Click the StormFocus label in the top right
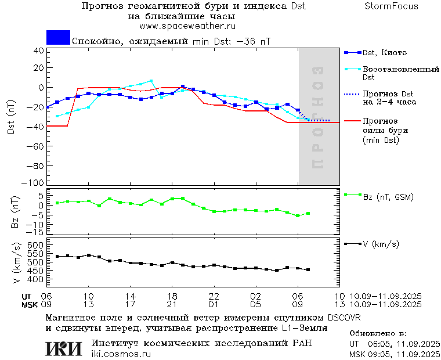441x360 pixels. click(392, 6)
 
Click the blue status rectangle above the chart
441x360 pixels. click(58, 37)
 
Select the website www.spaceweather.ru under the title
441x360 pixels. click(187, 26)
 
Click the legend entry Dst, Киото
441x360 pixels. click(384, 53)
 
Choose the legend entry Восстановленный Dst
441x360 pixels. click(400, 73)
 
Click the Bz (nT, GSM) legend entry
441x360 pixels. click(388, 197)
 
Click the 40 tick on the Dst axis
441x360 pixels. click(39, 51)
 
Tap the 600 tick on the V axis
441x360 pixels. click(37, 246)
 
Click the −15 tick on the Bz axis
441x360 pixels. click(36, 232)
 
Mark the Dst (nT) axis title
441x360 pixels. click(11, 117)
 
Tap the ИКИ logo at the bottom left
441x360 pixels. click(63, 348)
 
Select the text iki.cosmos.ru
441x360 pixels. click(121, 354)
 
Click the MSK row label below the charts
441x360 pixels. click(30, 304)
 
